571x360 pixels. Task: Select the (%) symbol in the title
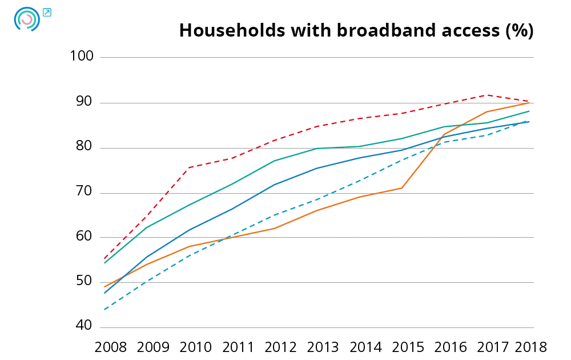[x=520, y=31]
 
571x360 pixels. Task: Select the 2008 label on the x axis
[x=110, y=347]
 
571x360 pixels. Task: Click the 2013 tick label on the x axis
[x=323, y=347]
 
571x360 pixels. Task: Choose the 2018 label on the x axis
[x=531, y=347]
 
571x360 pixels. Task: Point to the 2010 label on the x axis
[x=195, y=347]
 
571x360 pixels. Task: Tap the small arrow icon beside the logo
[x=47, y=12]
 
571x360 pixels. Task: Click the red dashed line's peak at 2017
[x=487, y=95]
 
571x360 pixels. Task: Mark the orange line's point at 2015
[x=402, y=187]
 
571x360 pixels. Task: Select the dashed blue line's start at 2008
[x=104, y=309]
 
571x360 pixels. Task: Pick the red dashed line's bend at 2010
[x=189, y=167]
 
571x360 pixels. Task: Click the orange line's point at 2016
[x=444, y=134]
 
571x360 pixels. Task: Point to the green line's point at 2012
[x=274, y=161]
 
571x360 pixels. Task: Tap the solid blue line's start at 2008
[x=104, y=293]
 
